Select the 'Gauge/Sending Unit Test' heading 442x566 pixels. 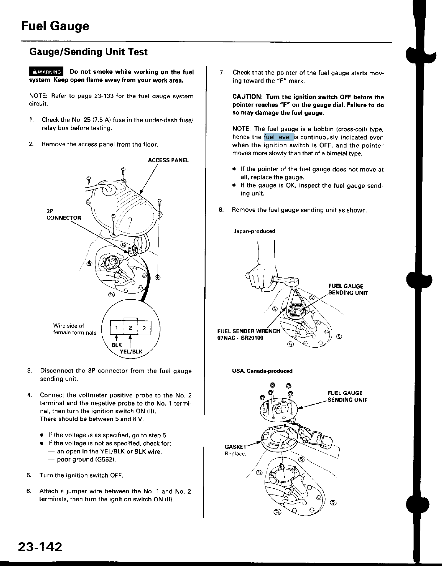(x=88, y=52)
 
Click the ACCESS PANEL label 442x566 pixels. (x=168, y=160)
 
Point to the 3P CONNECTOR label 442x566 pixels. (x=64, y=214)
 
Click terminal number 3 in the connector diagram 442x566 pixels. (x=144, y=328)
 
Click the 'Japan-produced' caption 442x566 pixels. (x=254, y=231)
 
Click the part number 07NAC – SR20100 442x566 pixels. (x=241, y=338)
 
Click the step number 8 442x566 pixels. (x=220, y=210)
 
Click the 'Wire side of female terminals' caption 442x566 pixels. (x=74, y=329)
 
